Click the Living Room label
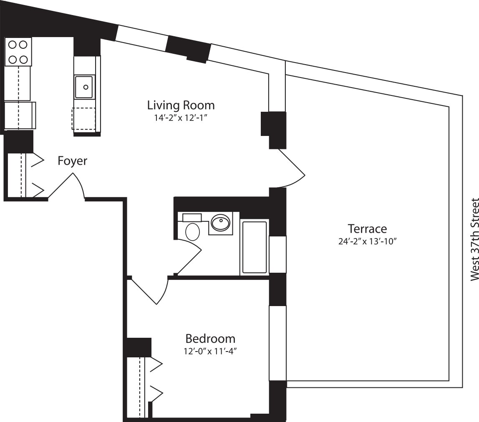[181, 105]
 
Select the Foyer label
[73, 161]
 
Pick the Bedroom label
[210, 338]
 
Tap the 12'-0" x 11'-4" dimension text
[210, 351]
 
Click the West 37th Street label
[474, 240]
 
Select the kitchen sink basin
[85, 87]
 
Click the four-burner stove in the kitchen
[18, 52]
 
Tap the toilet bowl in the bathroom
[192, 231]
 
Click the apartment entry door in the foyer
[67, 186]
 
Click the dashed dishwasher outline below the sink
[83, 119]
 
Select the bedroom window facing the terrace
[277, 343]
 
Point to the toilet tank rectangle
[192, 217]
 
